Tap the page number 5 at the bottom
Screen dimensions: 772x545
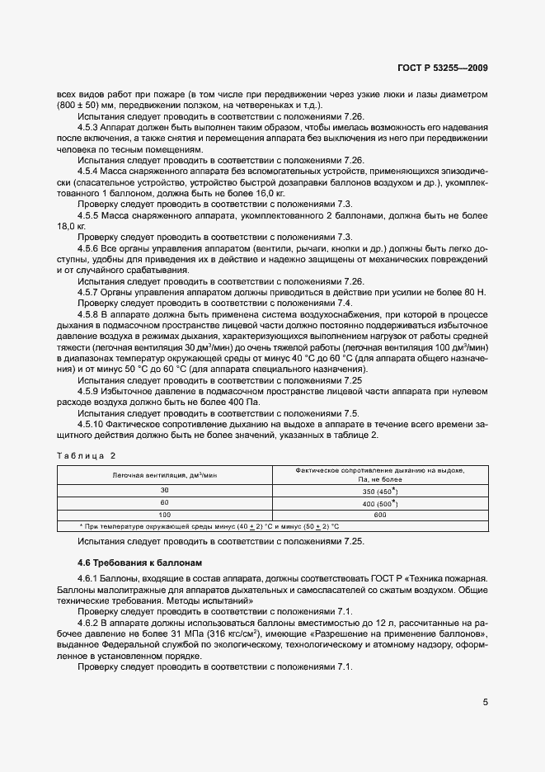click(486, 703)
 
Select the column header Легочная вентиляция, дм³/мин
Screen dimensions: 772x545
click(163, 475)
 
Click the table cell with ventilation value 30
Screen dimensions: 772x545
click(163, 490)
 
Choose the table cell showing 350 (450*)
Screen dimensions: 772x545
click(379, 490)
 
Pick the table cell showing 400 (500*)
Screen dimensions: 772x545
click(379, 501)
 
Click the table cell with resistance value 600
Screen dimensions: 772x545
click(379, 514)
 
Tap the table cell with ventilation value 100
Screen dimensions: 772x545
click(163, 514)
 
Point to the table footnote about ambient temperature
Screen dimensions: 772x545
click(209, 525)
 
